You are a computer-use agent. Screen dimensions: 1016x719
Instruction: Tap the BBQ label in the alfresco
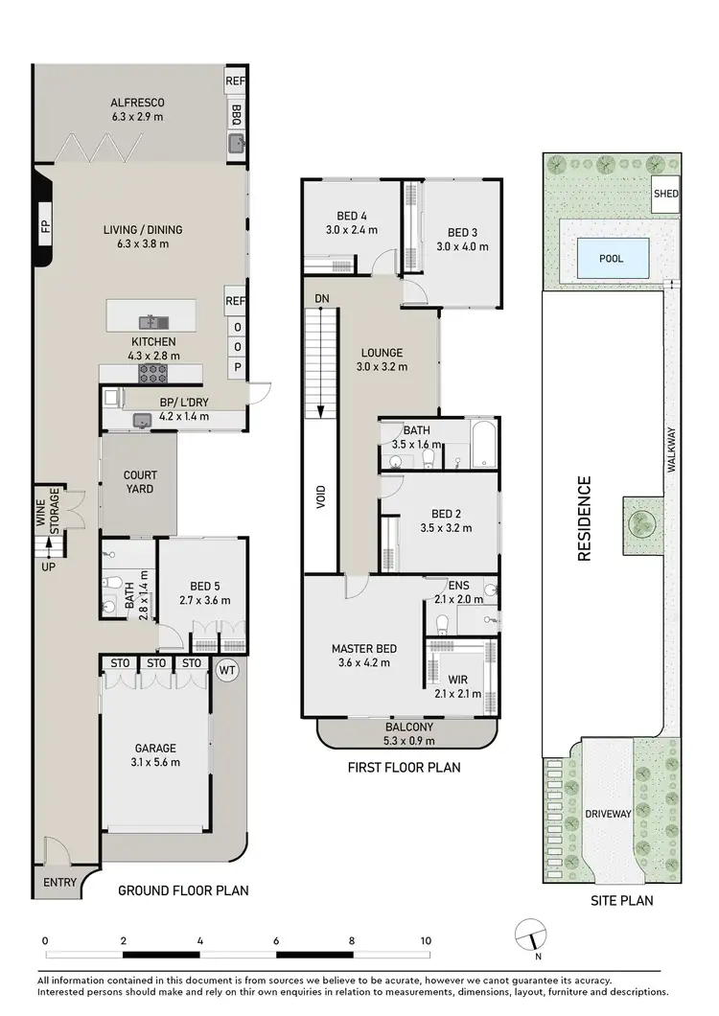[x=236, y=117]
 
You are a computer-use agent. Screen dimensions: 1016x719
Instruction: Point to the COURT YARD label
[x=139, y=482]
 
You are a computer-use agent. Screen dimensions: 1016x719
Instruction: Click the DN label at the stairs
[x=322, y=299]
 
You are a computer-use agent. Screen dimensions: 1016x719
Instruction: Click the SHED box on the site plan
[x=666, y=194]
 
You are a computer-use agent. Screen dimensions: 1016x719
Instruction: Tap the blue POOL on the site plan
[x=612, y=258]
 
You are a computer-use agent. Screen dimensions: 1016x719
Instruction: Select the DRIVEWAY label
[x=608, y=814]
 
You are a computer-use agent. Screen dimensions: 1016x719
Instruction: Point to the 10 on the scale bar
[x=425, y=940]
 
